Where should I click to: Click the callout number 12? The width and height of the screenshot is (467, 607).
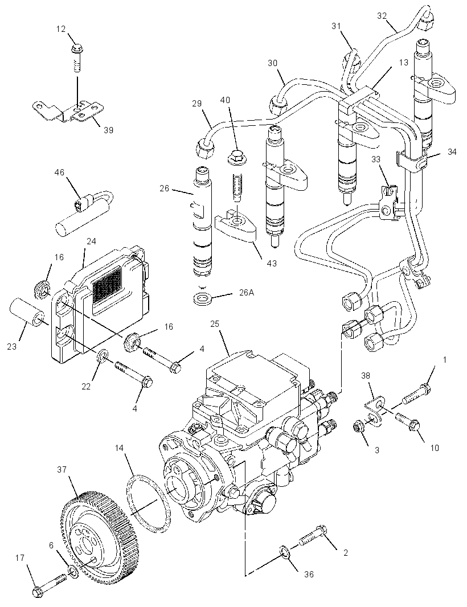[61, 29]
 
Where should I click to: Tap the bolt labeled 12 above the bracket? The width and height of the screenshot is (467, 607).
[77, 58]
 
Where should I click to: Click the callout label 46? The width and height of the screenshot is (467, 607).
[59, 173]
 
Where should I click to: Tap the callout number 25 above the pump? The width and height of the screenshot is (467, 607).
[215, 323]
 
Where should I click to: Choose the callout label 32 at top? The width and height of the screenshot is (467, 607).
[382, 15]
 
